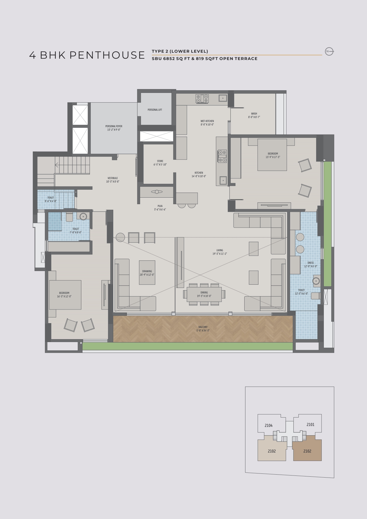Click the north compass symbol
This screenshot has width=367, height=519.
click(x=329, y=51)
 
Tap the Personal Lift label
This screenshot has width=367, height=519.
click(x=155, y=110)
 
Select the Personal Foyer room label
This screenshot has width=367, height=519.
click(x=114, y=128)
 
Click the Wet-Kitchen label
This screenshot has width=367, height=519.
click(x=207, y=123)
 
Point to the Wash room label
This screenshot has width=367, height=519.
click(x=254, y=115)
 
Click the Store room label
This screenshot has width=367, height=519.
click(x=160, y=163)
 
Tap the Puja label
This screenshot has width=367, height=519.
click(x=160, y=208)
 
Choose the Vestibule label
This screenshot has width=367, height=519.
click(x=112, y=180)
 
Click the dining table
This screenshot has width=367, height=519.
click(x=204, y=294)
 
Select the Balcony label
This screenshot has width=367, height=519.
click(x=203, y=329)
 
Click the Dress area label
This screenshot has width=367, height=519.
click(x=311, y=265)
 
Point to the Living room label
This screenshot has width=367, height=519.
click(x=219, y=252)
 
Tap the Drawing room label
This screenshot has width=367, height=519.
click(x=147, y=273)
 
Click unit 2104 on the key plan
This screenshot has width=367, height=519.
click(x=269, y=425)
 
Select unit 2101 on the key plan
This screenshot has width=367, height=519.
click(x=311, y=425)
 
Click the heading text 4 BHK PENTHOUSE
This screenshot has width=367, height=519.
click(x=87, y=55)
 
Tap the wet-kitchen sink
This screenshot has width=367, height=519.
click(x=223, y=98)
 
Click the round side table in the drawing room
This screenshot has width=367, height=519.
click(x=120, y=237)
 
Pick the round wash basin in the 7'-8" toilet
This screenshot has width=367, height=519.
click(x=83, y=216)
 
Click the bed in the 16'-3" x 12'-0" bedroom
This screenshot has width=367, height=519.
click(x=65, y=295)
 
